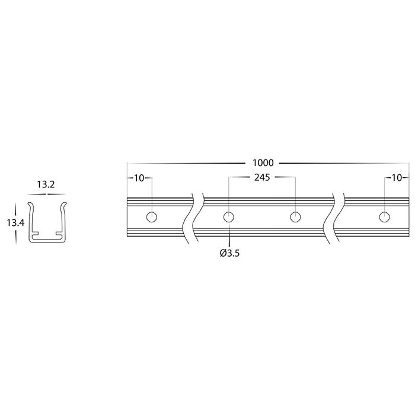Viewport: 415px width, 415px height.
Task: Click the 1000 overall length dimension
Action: coord(263,163)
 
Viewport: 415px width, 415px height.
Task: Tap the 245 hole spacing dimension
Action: coord(262,177)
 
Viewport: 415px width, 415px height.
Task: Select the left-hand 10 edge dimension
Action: coord(139,178)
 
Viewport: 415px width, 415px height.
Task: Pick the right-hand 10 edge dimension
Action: coord(397,178)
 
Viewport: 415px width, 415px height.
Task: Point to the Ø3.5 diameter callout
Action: coord(229,253)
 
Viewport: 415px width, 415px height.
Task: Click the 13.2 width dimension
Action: coord(46,184)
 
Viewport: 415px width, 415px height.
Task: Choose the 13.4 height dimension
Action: coord(15,223)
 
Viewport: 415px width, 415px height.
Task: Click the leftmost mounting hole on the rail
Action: coord(152,217)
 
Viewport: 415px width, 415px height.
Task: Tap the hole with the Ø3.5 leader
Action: coord(229,217)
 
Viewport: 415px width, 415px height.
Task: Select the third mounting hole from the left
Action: coord(295,217)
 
